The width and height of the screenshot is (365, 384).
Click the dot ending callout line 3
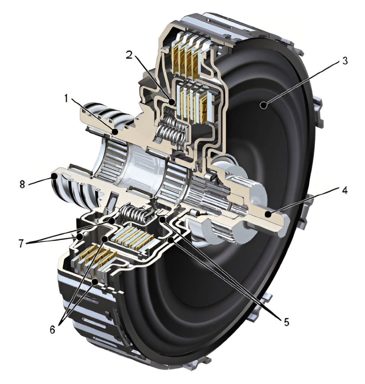point(265,106)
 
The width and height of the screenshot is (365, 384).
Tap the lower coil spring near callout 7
point(136,216)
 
